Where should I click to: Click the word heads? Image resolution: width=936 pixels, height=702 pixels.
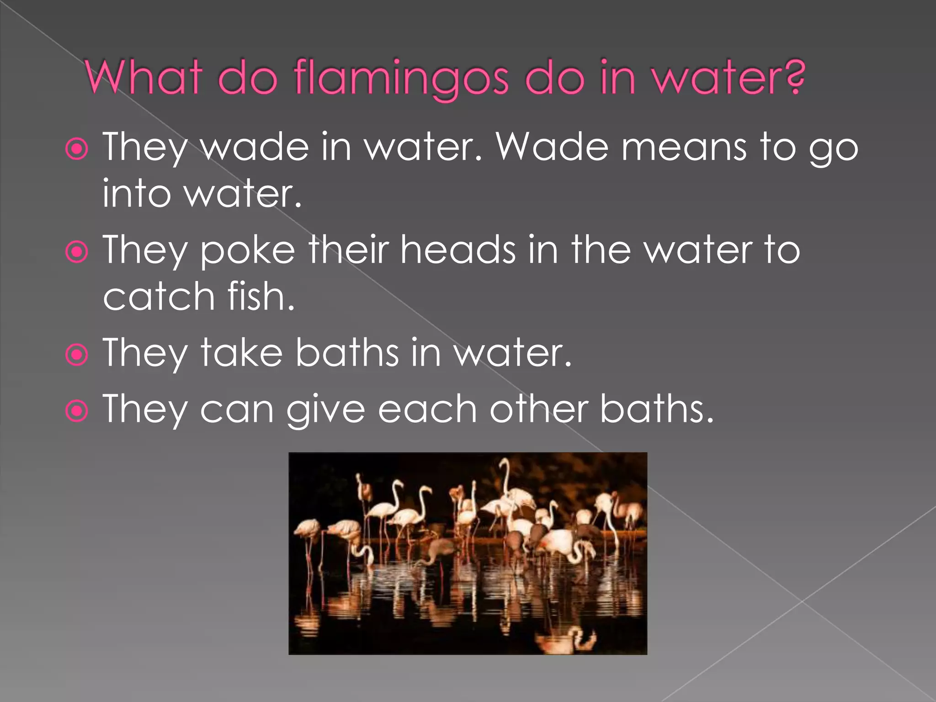(458, 250)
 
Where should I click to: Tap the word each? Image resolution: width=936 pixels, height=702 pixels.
(428, 409)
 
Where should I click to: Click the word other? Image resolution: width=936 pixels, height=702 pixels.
(539, 409)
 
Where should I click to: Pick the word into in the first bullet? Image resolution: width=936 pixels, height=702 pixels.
(136, 194)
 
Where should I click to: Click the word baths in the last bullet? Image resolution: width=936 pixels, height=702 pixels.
(656, 409)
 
